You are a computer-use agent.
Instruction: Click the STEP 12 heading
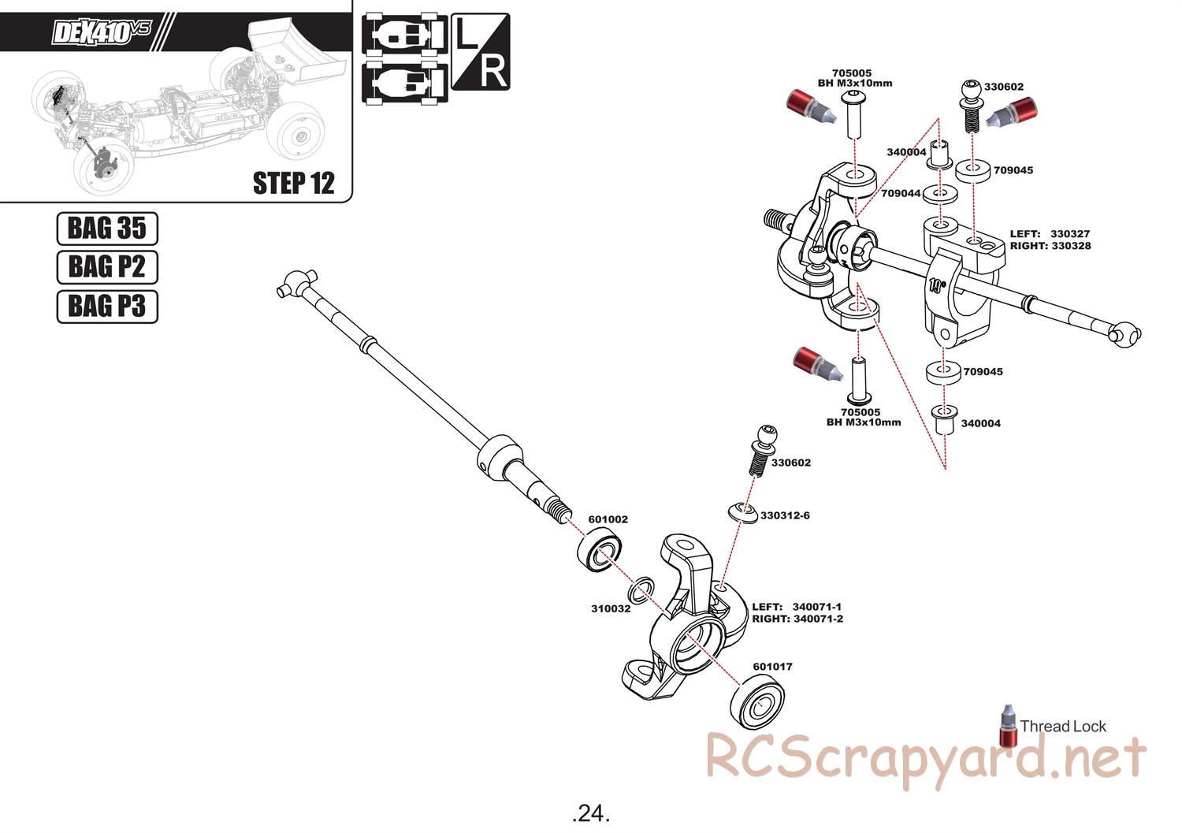pos(293,183)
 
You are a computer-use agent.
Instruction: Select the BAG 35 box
pos(107,229)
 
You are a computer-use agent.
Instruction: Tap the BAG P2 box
pos(107,267)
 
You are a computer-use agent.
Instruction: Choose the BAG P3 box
pos(107,306)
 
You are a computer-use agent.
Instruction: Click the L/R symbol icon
pos(481,52)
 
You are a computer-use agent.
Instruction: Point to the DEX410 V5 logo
pos(101,32)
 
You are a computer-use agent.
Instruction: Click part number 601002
pos(608,519)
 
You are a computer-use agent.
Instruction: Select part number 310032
pos(611,608)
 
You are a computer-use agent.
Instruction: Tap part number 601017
pos(772,667)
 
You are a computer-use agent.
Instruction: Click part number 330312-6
pos(785,515)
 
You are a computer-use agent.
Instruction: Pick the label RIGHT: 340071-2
pos(797,619)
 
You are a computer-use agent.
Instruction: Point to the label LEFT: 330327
pos(1050,234)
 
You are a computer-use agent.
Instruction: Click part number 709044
pos(901,193)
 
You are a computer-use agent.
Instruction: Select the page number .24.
pos(591,813)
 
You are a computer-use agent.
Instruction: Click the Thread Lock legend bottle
pos(1008,726)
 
